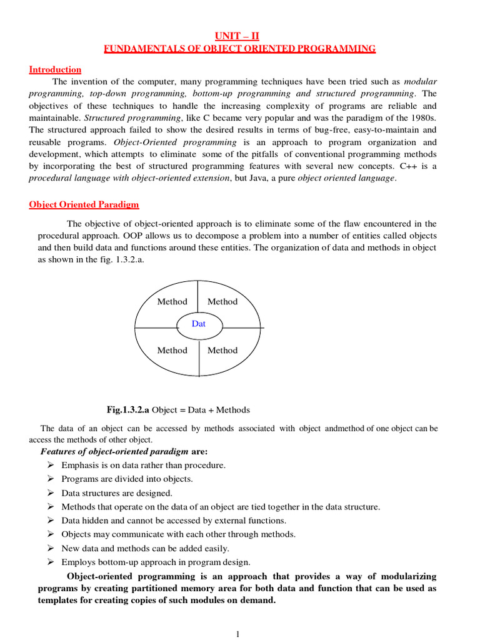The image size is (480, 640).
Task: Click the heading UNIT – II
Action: coord(240,36)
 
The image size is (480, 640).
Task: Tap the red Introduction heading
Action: coord(55,69)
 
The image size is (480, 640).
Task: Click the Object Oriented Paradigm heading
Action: coord(84,204)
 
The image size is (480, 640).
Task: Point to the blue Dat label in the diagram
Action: coord(198,324)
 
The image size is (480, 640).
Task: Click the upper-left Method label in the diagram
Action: coord(172,301)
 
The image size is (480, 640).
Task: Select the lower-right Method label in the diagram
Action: coord(222,350)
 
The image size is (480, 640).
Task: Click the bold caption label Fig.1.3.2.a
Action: coord(128,410)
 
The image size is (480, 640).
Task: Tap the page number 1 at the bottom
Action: coord(237,634)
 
